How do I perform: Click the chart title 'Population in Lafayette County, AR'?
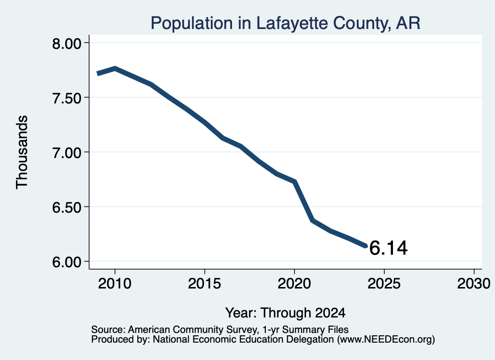[x=285, y=23]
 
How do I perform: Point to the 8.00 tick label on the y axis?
[x=67, y=43]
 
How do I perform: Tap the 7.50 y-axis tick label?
[x=67, y=98]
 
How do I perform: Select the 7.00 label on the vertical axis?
[x=67, y=152]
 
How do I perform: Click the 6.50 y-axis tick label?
[x=67, y=207]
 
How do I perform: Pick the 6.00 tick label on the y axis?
[x=67, y=261]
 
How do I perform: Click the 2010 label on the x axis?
[x=115, y=283]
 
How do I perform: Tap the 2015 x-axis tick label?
[x=204, y=283]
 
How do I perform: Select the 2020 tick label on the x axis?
[x=294, y=283]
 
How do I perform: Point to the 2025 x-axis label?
[x=384, y=283]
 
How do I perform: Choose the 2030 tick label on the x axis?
[x=474, y=283]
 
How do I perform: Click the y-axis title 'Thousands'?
[x=22, y=152]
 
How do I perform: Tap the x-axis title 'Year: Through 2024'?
[x=285, y=313]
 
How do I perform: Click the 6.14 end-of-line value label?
[x=388, y=248]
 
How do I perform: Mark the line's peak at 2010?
[x=115, y=69]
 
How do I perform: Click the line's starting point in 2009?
[x=98, y=73]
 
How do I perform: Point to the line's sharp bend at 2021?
[x=312, y=220]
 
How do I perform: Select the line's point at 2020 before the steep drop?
[x=294, y=181]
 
